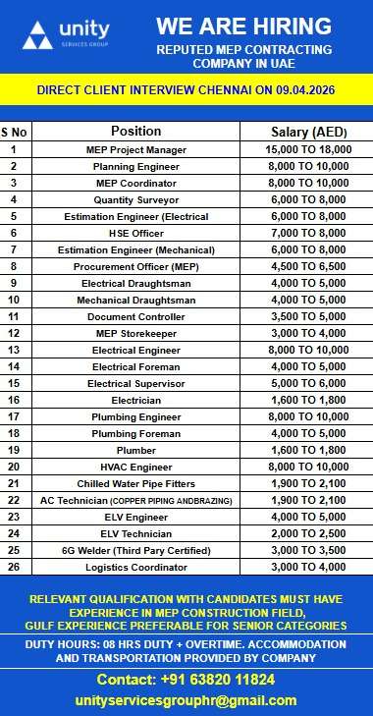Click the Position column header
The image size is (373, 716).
pyautogui.click(x=135, y=132)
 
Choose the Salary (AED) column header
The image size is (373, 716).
pyautogui.click(x=306, y=132)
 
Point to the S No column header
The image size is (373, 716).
pyautogui.click(x=15, y=132)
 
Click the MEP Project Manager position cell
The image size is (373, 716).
pyautogui.click(x=135, y=149)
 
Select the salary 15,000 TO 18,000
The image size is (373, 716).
pyautogui.click(x=306, y=149)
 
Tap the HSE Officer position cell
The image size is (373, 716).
pyautogui.click(x=135, y=233)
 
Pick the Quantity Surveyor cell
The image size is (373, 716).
pyautogui.click(x=135, y=199)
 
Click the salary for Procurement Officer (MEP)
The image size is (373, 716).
pyautogui.click(x=306, y=266)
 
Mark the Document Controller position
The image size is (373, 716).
pyautogui.click(x=135, y=316)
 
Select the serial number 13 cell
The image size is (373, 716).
pyautogui.click(x=15, y=350)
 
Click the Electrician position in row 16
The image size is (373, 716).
pyautogui.click(x=135, y=400)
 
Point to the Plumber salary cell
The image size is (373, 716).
pyautogui.click(x=306, y=450)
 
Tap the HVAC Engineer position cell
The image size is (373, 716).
pyautogui.click(x=135, y=467)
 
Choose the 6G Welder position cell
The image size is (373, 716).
pyautogui.click(x=135, y=550)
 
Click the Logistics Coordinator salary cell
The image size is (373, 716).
pyautogui.click(x=306, y=567)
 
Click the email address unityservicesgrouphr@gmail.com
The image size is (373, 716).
pyautogui.click(x=186, y=700)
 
